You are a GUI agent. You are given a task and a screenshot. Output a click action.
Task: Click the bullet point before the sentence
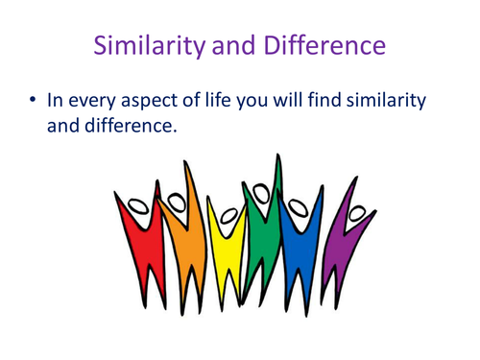35,100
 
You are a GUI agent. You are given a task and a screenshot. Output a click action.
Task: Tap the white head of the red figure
140,204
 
